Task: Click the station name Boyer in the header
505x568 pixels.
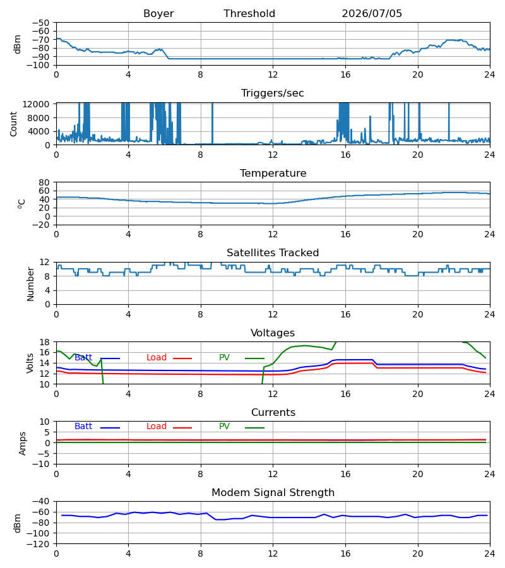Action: coord(158,14)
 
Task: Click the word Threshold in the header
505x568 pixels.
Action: coord(249,14)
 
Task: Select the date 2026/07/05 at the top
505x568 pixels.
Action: coord(372,14)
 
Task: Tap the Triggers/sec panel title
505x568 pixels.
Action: coord(273,93)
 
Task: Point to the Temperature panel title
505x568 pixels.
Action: coord(273,173)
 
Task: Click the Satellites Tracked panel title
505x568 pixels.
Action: coord(273,253)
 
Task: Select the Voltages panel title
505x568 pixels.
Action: coord(273,333)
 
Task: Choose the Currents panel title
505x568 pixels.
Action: coord(273,413)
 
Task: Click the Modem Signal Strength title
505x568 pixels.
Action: coord(273,493)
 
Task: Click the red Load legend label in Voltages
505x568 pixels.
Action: coord(157,358)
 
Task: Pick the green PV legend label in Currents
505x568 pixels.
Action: coord(224,427)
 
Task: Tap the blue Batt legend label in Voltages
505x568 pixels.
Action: coord(83,358)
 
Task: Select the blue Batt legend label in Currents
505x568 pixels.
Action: coord(83,427)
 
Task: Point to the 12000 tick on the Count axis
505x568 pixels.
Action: coord(36,104)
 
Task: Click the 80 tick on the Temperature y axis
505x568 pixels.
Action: coord(44,182)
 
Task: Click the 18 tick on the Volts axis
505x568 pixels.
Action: coord(44,342)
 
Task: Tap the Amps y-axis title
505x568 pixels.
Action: coord(23,444)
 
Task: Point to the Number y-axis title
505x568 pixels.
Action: coord(30,284)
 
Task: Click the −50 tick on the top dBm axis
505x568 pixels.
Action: coord(40,23)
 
